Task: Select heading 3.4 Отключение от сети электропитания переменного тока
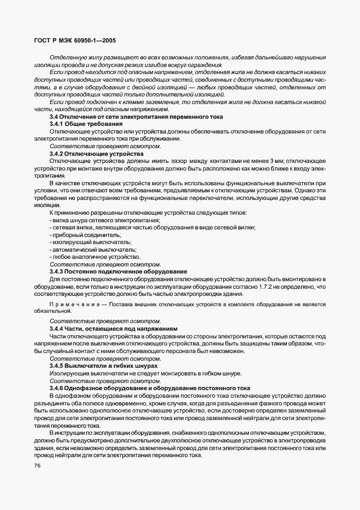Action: pos(136,117)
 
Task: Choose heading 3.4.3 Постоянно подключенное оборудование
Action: pos(118,271)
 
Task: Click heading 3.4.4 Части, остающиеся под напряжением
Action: pos(113,329)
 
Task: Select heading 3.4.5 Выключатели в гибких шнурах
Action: pos(103,366)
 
